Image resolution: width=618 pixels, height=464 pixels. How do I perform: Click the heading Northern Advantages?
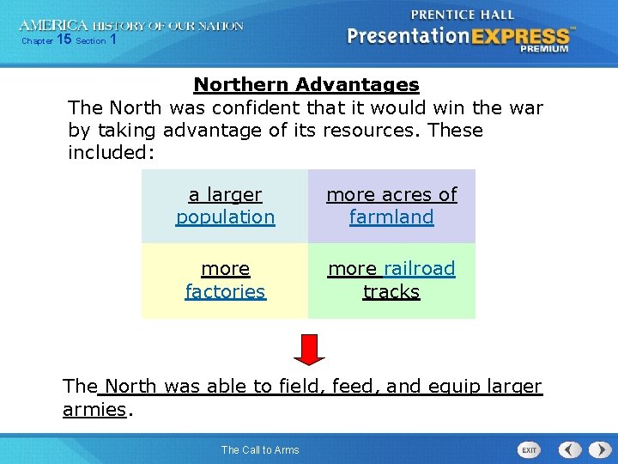click(306, 85)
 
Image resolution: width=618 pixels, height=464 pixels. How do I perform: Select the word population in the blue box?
click(225, 217)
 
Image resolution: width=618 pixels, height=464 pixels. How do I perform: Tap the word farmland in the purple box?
click(391, 217)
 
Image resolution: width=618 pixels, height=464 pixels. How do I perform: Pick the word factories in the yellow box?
click(225, 291)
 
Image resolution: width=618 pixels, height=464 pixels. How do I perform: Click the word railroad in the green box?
click(420, 269)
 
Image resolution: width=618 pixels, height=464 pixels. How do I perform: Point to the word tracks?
click(391, 291)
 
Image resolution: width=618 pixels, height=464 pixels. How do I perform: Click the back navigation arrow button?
click(570, 449)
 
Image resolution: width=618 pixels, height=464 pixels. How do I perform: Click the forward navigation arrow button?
click(596, 449)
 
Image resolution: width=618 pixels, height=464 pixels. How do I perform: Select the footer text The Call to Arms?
click(260, 450)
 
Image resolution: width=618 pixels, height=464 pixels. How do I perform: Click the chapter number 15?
click(64, 40)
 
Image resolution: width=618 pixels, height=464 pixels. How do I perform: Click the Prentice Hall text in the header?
click(462, 15)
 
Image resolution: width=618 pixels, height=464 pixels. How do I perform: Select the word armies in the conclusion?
click(94, 409)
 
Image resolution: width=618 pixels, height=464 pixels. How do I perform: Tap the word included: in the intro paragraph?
click(111, 153)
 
